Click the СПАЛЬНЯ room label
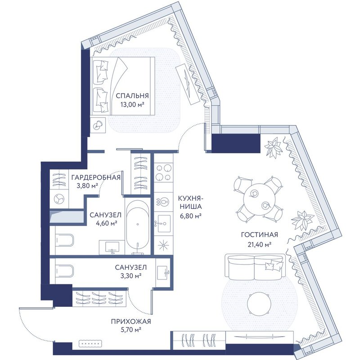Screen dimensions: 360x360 point(132,95)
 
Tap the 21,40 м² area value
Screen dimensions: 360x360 point(260,245)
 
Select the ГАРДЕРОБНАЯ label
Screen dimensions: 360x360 point(96,177)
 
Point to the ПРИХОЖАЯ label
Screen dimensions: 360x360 point(131,321)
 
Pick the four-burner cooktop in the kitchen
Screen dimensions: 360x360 point(163,172)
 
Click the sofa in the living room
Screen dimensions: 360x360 point(255,267)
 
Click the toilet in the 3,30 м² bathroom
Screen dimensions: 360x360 point(64,271)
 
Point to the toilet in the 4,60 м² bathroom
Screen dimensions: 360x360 point(64,240)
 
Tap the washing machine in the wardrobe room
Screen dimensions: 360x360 point(59,199)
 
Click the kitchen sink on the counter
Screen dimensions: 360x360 point(163,223)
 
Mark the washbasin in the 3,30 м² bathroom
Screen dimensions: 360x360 point(163,273)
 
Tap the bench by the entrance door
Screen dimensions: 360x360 point(90,344)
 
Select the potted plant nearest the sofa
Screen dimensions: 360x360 point(302,220)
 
